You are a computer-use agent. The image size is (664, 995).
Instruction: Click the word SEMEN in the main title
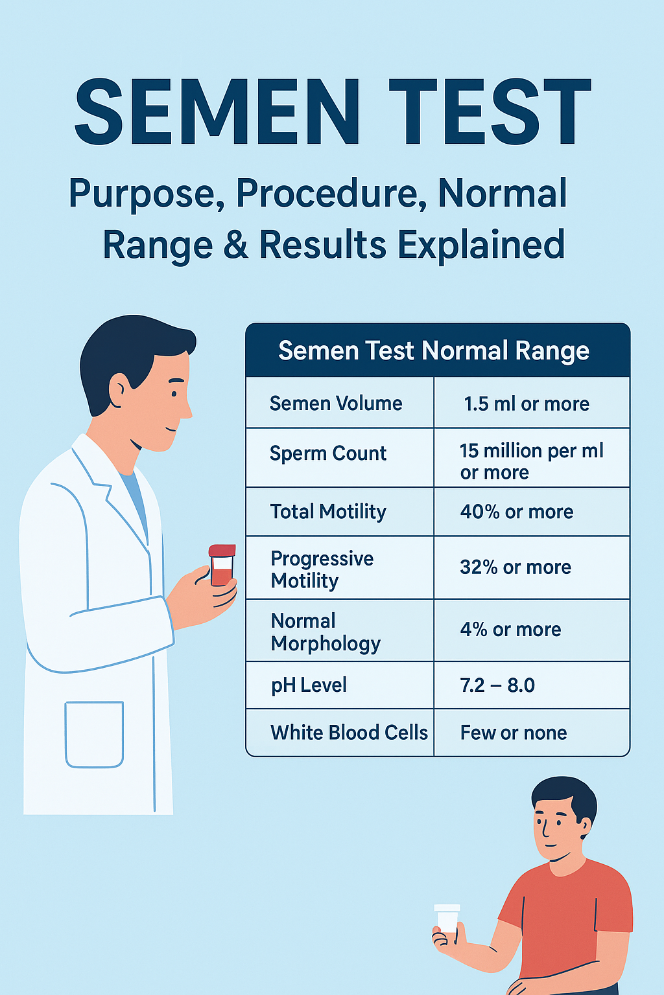tap(217, 113)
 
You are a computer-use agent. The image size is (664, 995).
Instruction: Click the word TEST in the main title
tap(490, 113)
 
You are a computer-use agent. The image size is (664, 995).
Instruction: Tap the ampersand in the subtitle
tap(236, 246)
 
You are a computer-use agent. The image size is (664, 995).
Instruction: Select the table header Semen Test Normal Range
tap(434, 350)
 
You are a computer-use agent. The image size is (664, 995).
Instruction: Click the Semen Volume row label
tap(336, 404)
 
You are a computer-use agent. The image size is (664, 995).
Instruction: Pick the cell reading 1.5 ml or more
tap(527, 404)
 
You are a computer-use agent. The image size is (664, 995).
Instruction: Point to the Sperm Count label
tap(328, 453)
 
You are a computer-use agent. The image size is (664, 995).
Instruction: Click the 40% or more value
tap(517, 512)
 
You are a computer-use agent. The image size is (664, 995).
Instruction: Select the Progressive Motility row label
tap(322, 569)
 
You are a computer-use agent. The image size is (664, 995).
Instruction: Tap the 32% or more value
tap(516, 567)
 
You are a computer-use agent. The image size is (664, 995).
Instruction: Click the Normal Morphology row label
tap(326, 632)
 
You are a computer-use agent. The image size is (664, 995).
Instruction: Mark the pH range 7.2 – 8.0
tap(497, 685)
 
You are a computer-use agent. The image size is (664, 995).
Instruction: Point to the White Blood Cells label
tap(349, 733)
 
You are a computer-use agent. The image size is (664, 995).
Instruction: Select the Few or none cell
tap(514, 733)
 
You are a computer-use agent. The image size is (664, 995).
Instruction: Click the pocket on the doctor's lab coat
tap(95, 734)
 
